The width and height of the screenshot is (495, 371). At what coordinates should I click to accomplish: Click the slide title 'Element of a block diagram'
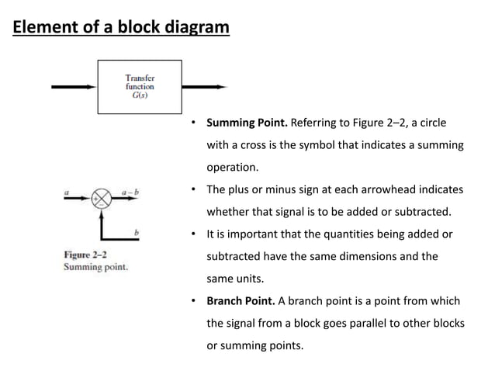121,29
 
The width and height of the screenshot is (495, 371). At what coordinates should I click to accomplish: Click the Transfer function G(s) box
140,87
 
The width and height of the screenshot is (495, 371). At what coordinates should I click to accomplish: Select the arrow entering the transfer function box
74,87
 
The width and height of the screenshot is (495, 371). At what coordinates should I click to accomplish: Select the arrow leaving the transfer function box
204,87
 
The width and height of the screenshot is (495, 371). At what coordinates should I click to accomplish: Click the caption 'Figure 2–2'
85,255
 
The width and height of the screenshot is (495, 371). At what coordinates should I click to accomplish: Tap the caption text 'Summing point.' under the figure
95,267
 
